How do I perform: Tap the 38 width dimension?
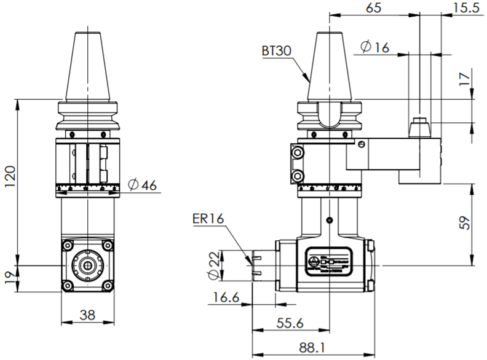pos(88,315)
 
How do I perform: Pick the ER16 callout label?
pos(207,218)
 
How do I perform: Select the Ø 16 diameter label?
pos(375,47)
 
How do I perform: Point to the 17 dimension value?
pos(465,77)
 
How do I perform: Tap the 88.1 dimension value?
pos(313,347)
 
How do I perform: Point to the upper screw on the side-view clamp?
pos(299,152)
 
